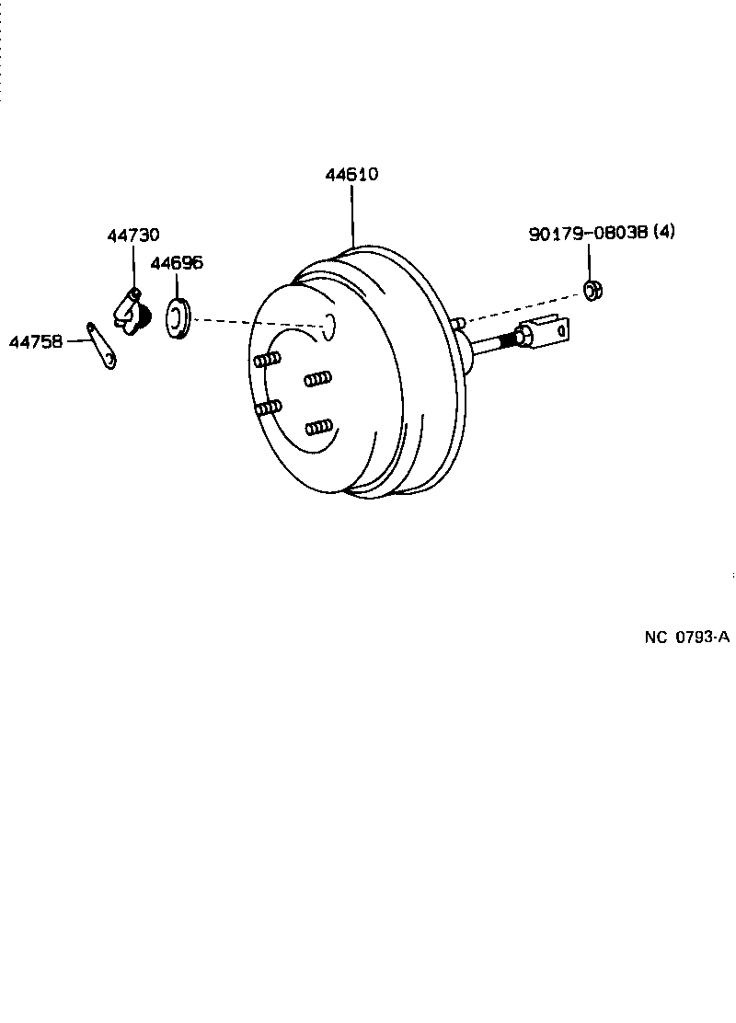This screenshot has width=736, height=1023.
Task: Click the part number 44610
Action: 351,174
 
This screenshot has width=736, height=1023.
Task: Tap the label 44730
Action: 132,236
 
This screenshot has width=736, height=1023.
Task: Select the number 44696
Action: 177,263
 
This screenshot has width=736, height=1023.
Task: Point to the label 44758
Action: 36,341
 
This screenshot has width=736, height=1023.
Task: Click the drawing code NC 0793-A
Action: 686,637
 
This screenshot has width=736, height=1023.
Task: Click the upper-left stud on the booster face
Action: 267,360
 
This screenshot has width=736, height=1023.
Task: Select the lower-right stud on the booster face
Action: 318,426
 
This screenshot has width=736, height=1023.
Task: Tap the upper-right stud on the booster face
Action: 317,378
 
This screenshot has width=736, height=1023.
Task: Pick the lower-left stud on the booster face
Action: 268,408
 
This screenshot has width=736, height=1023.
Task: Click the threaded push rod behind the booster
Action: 492,344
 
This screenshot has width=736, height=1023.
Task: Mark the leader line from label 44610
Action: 352,216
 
